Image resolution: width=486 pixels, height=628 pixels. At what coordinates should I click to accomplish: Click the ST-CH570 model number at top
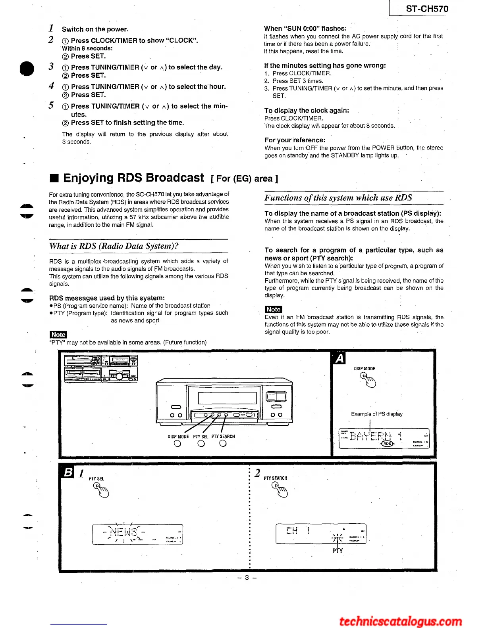427,9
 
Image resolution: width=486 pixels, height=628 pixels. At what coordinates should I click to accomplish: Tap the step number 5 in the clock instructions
51,105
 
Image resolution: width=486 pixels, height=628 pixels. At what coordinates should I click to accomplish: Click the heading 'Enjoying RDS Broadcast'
133,178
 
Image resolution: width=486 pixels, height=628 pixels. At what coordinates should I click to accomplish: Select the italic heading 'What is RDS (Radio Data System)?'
114,246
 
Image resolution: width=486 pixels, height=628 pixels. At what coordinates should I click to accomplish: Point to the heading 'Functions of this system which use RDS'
338,198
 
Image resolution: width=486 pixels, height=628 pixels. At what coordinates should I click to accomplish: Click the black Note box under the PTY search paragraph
273,310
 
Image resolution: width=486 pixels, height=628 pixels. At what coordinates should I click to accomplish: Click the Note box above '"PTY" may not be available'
58,335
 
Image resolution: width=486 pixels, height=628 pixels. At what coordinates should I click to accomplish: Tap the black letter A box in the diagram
339,358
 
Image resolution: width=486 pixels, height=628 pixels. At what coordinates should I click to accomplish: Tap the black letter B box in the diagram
68,472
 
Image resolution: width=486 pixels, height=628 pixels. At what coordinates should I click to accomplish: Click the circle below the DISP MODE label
177,444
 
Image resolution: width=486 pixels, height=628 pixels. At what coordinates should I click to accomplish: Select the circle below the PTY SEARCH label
223,444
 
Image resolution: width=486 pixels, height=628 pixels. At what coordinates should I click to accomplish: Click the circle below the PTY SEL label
201,444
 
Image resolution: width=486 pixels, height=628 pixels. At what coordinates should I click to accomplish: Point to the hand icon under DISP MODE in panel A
368,380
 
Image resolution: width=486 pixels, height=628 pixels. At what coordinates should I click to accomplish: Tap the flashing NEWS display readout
123,532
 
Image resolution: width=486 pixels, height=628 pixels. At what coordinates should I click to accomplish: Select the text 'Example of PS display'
376,414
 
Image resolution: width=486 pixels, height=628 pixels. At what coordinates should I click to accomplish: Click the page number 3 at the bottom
247,578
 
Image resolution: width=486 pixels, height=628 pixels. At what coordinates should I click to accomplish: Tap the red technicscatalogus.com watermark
400,621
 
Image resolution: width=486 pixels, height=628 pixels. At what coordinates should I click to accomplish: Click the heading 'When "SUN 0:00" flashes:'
305,29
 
